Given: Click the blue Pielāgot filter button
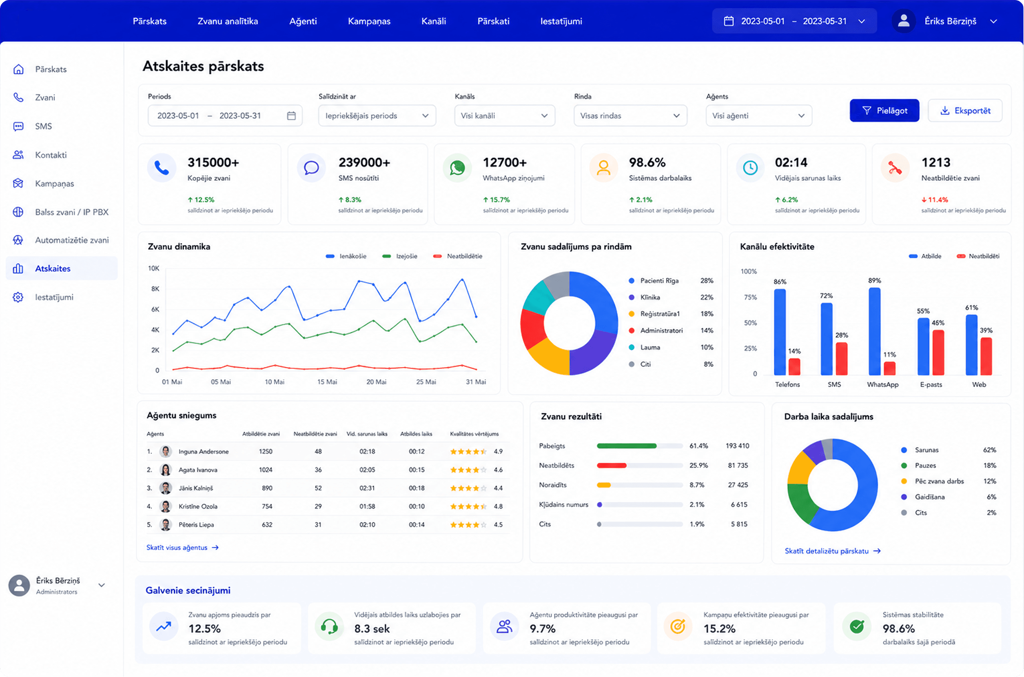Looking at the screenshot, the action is tap(884, 111).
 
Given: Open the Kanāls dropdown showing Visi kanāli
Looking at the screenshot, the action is tap(504, 116).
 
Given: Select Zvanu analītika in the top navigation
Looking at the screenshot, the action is tap(228, 21).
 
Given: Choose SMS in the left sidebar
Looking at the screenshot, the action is tap(43, 126).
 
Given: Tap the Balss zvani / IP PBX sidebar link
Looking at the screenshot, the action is tap(72, 212).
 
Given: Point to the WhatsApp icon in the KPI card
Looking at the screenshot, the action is tap(457, 168).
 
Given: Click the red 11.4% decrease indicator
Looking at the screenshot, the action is tap(935, 200).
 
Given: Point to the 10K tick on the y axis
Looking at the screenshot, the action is tap(154, 269).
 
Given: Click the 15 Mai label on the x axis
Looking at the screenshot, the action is tap(327, 382).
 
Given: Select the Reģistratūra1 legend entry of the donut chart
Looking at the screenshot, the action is tap(660, 314).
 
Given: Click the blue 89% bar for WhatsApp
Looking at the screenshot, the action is tap(874, 331).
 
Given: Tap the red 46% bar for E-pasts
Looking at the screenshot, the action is tap(938, 352).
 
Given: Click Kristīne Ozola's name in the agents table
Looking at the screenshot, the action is tap(198, 506).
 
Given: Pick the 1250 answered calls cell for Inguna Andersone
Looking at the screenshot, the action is tap(266, 451).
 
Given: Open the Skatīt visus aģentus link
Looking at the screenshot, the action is tap(182, 548).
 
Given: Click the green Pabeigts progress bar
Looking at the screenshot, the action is tap(627, 446).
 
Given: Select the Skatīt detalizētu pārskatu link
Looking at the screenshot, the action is tap(832, 551).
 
